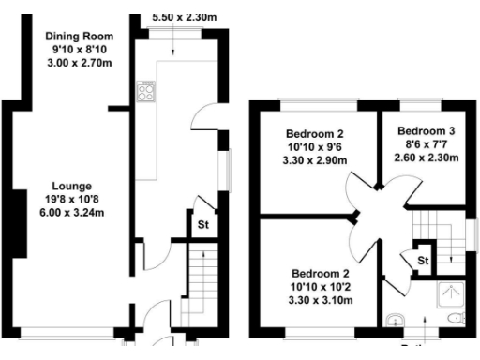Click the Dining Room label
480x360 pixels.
point(80,37)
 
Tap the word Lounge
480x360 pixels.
point(71,185)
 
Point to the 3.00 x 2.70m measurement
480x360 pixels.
point(80,64)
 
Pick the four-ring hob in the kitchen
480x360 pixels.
point(146,91)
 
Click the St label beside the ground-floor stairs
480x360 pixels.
point(202,225)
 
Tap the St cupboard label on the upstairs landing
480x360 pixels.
point(423,261)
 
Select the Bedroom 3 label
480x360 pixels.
point(427,130)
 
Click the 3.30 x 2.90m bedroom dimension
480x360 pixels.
point(316,160)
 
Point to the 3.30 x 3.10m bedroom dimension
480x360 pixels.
point(320,300)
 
